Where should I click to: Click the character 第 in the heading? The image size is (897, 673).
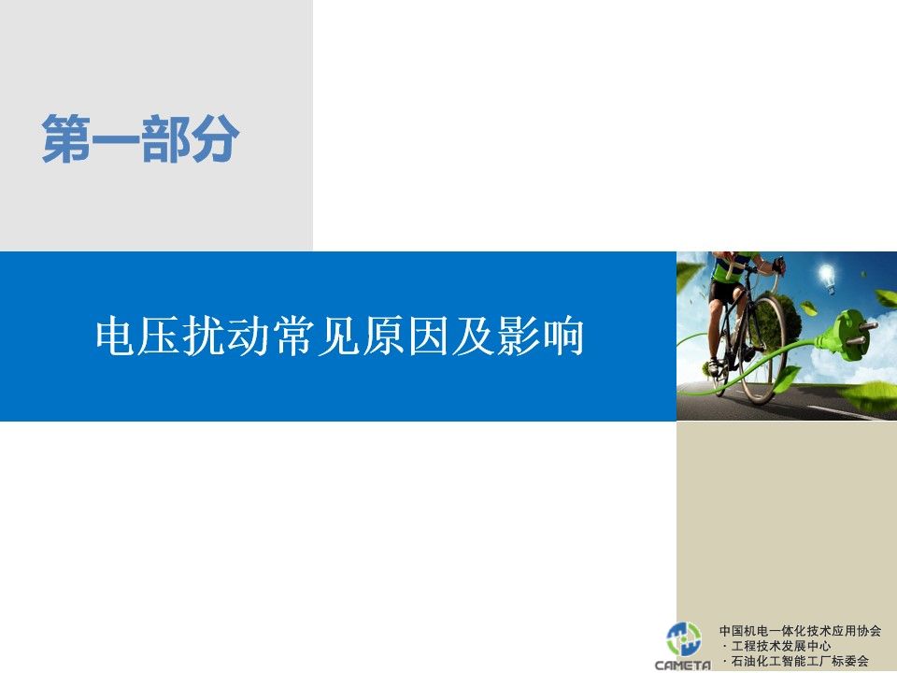point(65,138)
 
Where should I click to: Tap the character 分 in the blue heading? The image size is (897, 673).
point(215,138)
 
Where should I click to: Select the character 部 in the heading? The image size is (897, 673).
point(165,138)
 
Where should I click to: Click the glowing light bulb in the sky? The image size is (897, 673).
point(827,278)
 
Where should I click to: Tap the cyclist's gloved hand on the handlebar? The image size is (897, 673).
point(777,265)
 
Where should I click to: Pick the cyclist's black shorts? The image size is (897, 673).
point(723,292)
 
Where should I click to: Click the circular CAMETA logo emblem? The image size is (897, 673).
point(684,638)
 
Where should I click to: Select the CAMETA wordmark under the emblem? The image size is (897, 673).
point(683,665)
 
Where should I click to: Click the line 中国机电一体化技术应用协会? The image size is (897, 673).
point(800,631)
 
